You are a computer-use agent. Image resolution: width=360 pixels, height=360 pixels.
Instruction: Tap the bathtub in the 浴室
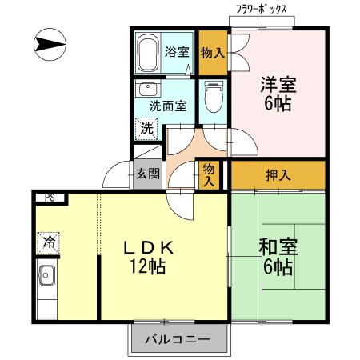(148, 53)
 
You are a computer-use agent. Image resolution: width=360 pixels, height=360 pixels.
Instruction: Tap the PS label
(50, 198)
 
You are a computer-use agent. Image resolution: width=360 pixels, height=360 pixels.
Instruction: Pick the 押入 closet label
(278, 175)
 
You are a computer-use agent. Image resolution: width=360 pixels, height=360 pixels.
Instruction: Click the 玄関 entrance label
(146, 172)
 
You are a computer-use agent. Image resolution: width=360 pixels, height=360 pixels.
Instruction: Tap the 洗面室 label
(166, 105)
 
